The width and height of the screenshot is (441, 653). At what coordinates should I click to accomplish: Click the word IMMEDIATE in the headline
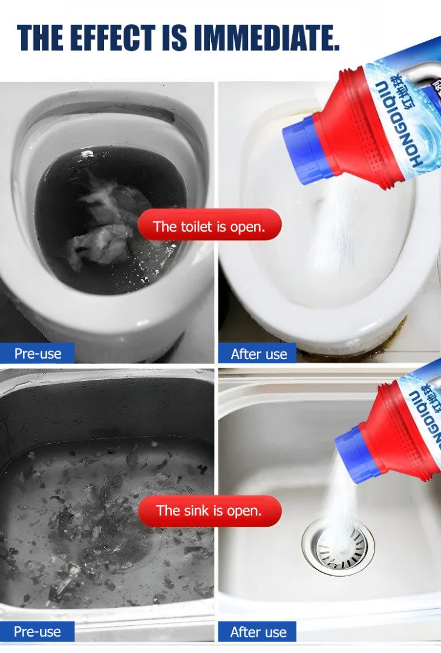[267, 37]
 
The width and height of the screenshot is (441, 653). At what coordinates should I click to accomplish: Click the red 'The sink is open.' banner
[210, 510]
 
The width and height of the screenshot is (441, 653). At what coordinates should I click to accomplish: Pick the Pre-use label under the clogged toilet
[38, 353]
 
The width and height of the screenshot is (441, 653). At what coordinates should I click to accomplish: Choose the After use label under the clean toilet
[258, 354]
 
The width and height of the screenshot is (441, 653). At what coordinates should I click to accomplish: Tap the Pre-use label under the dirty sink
[38, 631]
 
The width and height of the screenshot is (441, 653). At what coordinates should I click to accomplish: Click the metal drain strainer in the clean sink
[338, 546]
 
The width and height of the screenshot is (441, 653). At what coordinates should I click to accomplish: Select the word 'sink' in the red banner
[197, 510]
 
